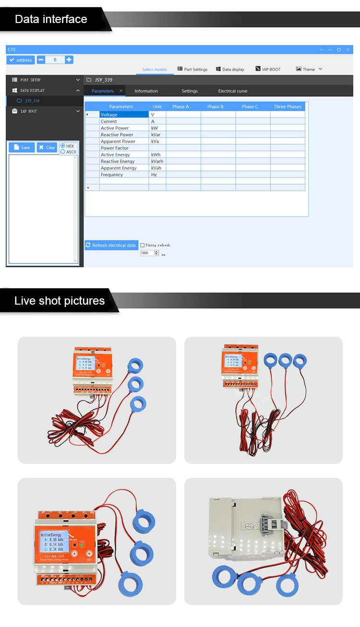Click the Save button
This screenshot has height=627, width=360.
pyautogui.click(x=22, y=148)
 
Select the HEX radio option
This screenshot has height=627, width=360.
pyautogui.click(x=63, y=146)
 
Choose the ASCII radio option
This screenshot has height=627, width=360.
pyautogui.click(x=63, y=152)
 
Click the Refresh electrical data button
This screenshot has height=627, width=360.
pyautogui.click(x=111, y=245)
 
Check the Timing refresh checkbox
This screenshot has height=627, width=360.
pyautogui.click(x=143, y=245)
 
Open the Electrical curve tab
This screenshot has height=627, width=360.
pyautogui.click(x=233, y=91)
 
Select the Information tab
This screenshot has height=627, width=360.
pyautogui.click(x=146, y=91)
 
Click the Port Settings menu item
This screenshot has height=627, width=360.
pyautogui.click(x=192, y=70)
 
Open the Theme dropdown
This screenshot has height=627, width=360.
pyautogui.click(x=309, y=70)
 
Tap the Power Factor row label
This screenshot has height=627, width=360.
pyautogui.click(x=115, y=148)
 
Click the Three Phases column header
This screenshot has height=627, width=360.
pyautogui.click(x=288, y=106)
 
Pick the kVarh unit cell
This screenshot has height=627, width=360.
pyautogui.click(x=157, y=162)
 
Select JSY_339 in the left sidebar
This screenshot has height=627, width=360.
pyautogui.click(x=32, y=101)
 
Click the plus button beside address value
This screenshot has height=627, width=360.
pyautogui.click(x=69, y=60)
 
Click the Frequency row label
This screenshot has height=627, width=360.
pyautogui.click(x=112, y=175)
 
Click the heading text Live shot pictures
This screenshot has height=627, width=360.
pyautogui.click(x=60, y=301)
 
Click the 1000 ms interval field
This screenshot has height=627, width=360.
pyautogui.click(x=147, y=253)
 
